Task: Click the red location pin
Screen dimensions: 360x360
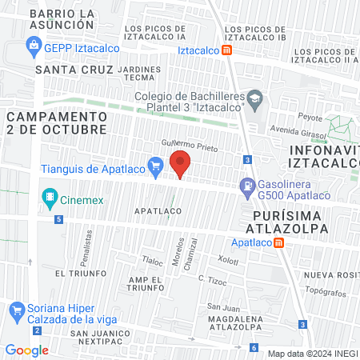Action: (x=181, y=164)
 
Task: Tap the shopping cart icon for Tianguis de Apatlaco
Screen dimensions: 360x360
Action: (x=156, y=168)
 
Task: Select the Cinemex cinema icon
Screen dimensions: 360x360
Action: (x=50, y=196)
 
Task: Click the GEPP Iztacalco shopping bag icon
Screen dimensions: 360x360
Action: (x=34, y=46)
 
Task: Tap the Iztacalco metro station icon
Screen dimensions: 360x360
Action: (x=227, y=50)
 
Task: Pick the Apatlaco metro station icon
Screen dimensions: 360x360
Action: (x=277, y=242)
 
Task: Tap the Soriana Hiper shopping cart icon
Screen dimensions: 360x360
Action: (x=16, y=309)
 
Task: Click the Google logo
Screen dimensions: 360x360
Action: (x=27, y=350)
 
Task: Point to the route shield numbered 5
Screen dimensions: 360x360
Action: (x=58, y=220)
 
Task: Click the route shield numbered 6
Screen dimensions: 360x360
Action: (x=254, y=348)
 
